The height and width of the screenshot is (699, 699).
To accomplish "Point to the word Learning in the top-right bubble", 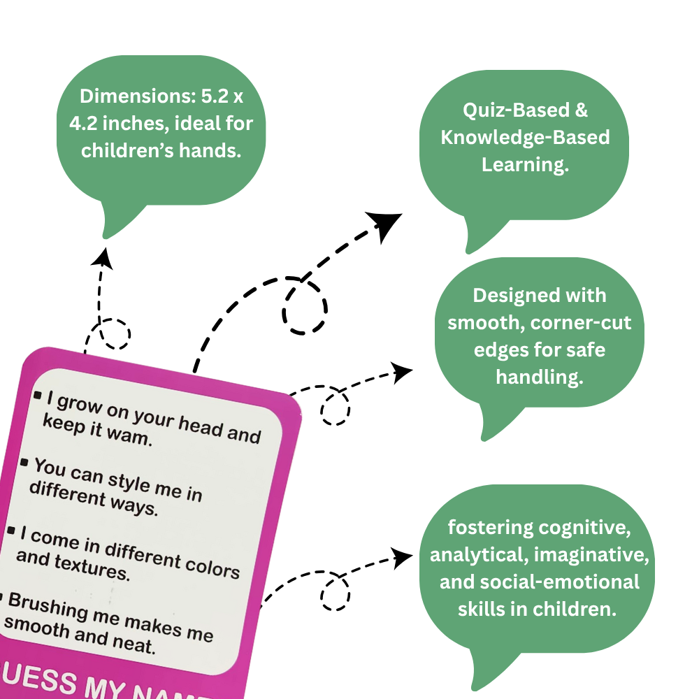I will [x=524, y=164].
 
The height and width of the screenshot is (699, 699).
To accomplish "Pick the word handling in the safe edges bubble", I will [x=539, y=377].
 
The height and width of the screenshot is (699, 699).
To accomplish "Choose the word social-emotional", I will [x=540, y=582].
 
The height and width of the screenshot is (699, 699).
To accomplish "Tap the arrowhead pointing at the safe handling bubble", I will [x=402, y=372].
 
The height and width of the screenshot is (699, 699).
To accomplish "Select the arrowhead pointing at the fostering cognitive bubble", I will [x=402, y=557].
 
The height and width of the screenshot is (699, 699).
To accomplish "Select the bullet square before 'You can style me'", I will [x=24, y=463].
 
